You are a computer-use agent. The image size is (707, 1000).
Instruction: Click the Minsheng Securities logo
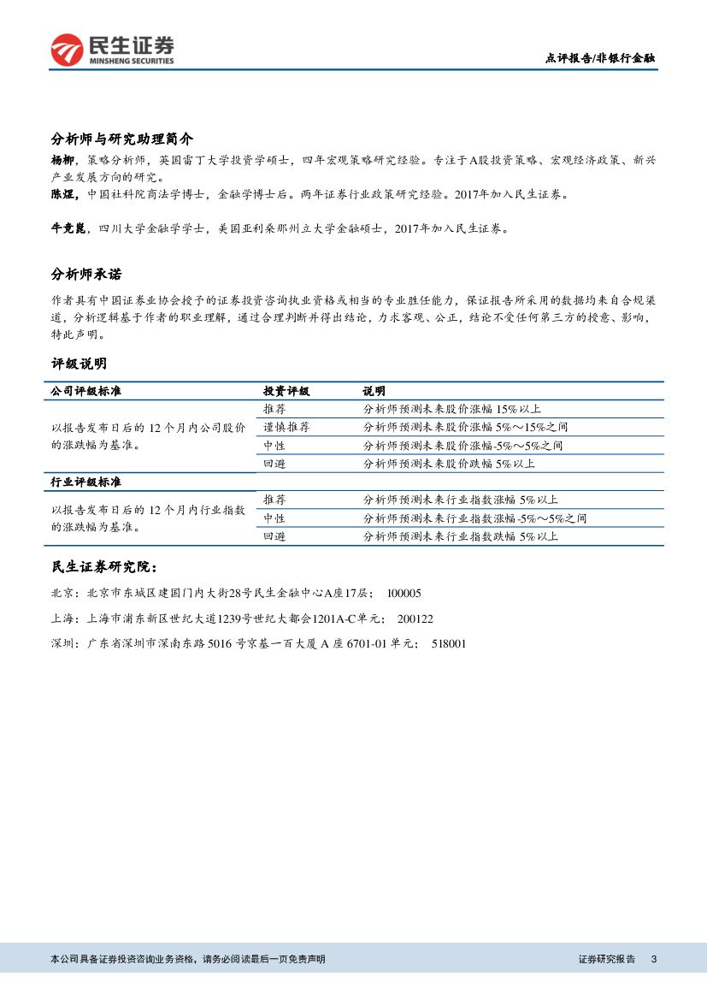tap(112, 49)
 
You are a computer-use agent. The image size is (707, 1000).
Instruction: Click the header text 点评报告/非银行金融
tap(600, 58)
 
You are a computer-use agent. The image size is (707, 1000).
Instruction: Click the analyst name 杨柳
tap(62, 160)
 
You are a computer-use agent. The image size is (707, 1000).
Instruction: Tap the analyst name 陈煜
tap(62, 194)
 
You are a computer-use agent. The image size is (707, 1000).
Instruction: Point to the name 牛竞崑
tap(68, 228)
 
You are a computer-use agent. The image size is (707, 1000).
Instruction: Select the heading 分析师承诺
tap(86, 275)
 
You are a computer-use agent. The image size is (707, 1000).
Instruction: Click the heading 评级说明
tap(79, 364)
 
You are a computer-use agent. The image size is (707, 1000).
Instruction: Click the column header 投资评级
tap(286, 391)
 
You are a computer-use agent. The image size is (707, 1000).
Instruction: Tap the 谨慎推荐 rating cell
tap(286, 427)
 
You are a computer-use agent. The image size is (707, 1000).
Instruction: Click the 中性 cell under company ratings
tap(274, 446)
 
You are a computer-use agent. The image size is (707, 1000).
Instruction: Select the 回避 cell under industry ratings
tap(274, 536)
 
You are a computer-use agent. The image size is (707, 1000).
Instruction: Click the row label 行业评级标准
tap(86, 482)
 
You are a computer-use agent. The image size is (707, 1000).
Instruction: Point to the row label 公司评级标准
tap(86, 391)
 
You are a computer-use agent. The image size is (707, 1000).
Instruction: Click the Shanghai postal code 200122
tap(415, 618)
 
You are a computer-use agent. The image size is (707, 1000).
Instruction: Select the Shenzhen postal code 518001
tap(449, 644)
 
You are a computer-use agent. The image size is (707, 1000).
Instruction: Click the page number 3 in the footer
tap(654, 959)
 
